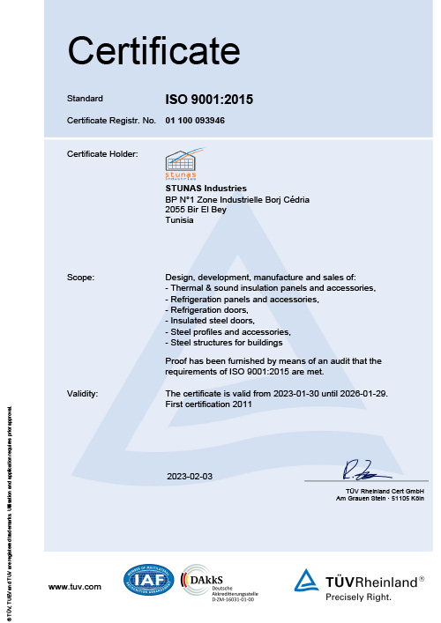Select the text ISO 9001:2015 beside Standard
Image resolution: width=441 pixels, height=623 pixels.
click(209, 100)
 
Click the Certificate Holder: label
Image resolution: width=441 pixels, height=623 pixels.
click(102, 154)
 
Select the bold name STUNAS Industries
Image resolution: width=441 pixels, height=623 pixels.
click(206, 189)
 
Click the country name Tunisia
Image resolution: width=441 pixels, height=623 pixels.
click(179, 221)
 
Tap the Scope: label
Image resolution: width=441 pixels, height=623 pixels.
click(82, 278)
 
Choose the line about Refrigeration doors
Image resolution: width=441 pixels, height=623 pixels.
click(208, 310)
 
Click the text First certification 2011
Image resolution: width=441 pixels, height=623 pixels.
click(209, 404)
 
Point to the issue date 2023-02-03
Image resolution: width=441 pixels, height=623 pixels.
click(190, 476)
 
